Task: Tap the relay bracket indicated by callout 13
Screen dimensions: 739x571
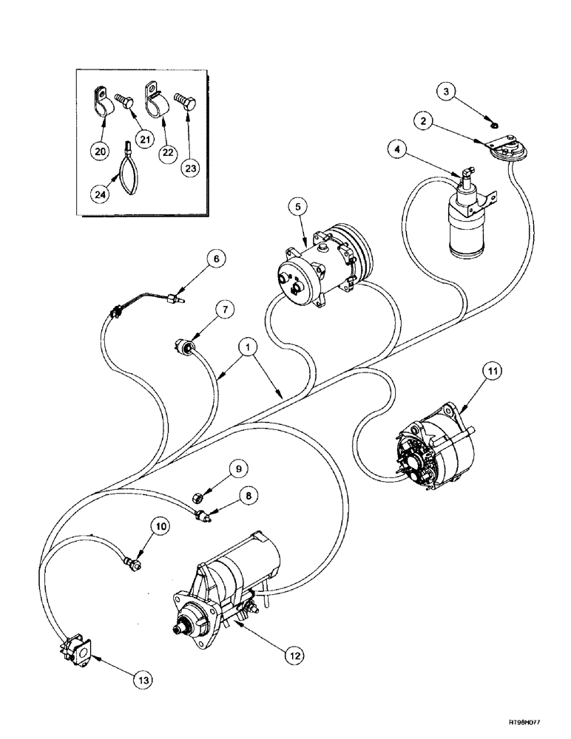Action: [75, 648]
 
